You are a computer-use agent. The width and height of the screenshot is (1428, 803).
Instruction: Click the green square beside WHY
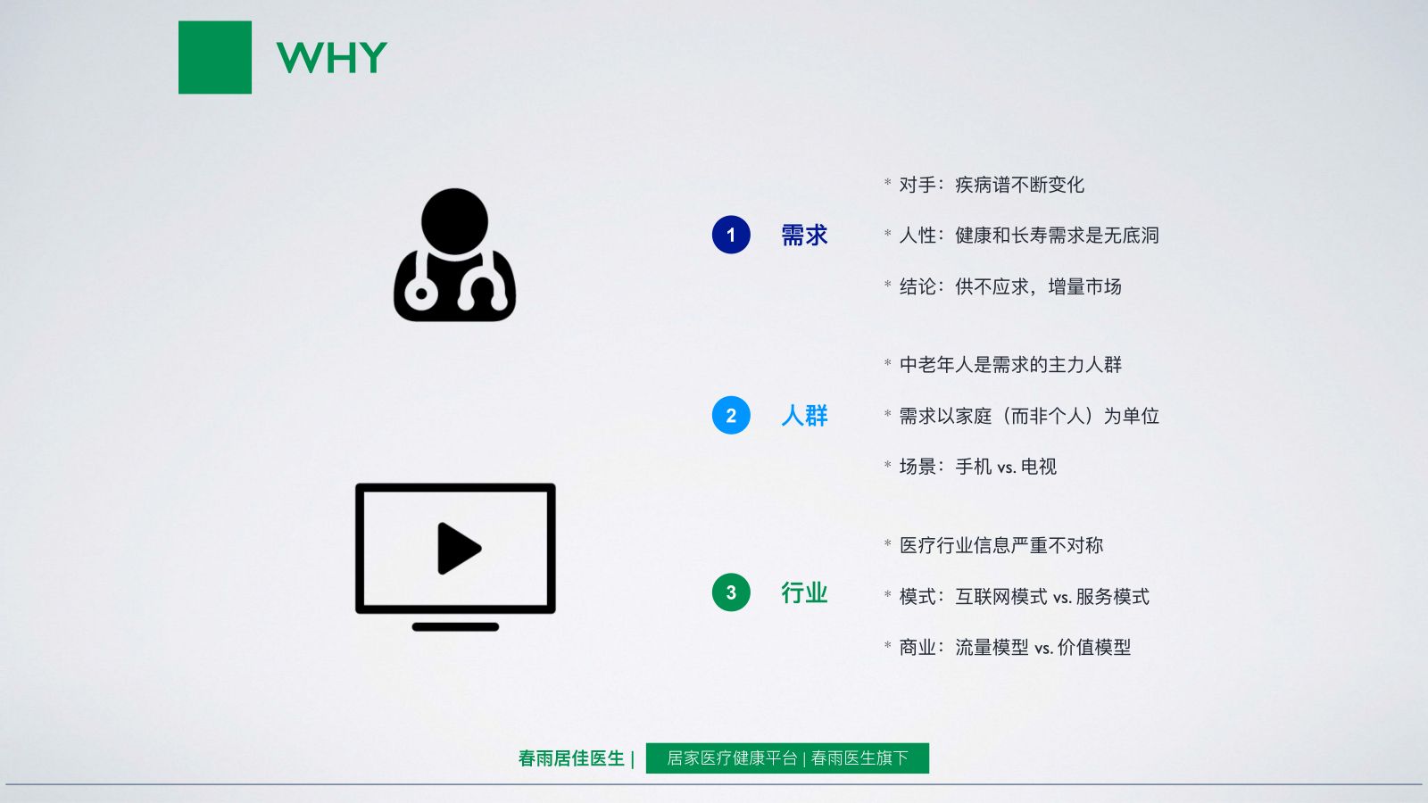(x=215, y=57)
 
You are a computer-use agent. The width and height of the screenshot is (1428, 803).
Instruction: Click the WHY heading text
(x=331, y=57)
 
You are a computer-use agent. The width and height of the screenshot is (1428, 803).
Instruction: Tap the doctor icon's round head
(x=454, y=222)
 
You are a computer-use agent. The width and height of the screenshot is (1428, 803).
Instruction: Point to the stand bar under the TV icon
(x=455, y=627)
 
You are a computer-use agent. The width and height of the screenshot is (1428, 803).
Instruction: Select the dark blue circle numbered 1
(x=731, y=235)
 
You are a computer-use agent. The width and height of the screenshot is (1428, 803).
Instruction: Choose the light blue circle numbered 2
(x=731, y=416)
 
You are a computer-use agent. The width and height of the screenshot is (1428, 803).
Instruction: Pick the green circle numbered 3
(x=731, y=592)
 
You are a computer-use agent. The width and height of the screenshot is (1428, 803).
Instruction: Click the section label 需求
(x=804, y=236)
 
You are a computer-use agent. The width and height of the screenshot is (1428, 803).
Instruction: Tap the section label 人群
(x=804, y=416)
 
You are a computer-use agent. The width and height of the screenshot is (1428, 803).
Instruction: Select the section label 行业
(x=804, y=592)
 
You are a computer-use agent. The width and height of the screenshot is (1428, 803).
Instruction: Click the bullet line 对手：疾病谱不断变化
(x=992, y=185)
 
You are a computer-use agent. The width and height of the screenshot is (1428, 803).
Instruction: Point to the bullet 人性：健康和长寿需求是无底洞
(x=1029, y=236)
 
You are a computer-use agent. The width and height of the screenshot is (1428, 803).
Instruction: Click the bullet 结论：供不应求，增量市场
(x=1010, y=286)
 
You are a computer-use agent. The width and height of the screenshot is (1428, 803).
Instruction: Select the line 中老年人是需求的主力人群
(x=1010, y=365)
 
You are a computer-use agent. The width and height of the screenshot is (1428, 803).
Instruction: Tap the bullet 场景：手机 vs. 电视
(x=978, y=467)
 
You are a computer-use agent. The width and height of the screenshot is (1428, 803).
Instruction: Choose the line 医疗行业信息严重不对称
(x=1000, y=545)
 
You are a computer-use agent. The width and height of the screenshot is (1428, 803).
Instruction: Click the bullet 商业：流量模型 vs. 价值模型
(x=1015, y=648)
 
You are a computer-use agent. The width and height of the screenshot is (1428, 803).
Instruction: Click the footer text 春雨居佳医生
(x=571, y=758)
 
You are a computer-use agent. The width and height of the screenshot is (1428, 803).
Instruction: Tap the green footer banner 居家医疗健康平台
(x=787, y=758)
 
